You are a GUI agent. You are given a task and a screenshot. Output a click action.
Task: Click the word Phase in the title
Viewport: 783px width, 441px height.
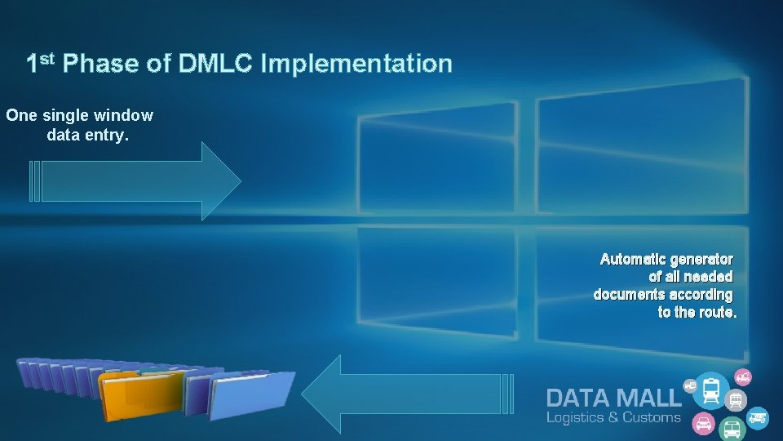102,64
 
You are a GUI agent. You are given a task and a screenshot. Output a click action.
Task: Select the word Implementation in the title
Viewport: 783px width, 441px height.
356,64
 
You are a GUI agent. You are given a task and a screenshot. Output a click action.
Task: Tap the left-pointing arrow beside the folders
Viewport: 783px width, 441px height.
404,394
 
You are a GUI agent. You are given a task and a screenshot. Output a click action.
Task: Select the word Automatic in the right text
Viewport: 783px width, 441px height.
631,260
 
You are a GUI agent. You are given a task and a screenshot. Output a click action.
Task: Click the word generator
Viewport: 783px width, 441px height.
701,260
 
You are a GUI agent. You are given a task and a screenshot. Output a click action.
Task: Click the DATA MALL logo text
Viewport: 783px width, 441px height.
613,398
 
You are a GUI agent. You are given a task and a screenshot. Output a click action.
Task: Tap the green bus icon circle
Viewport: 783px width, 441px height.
732,427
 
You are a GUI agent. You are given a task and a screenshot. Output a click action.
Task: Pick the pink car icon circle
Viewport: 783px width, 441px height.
701,424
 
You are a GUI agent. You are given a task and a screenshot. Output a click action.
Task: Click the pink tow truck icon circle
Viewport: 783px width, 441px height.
742,377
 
